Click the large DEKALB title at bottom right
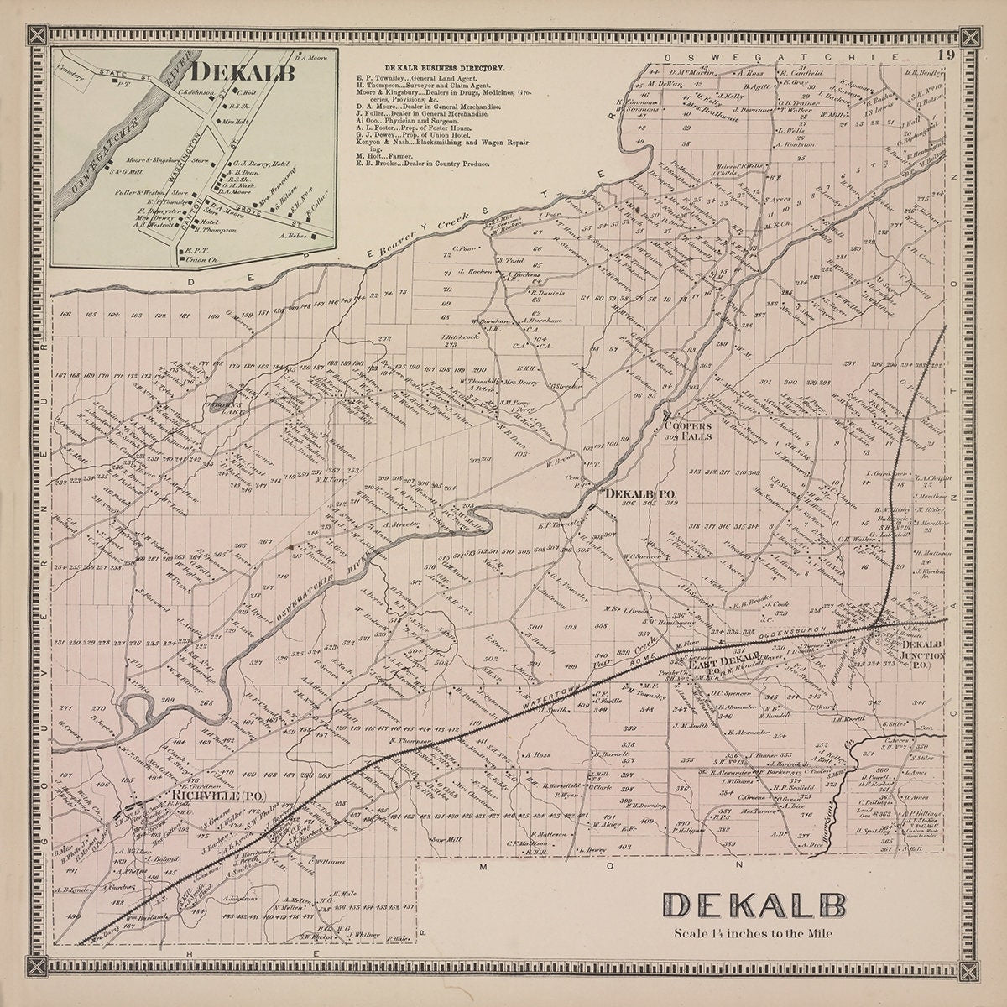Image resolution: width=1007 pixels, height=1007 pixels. click(753, 907)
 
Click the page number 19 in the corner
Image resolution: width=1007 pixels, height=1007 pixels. click(947, 55)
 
